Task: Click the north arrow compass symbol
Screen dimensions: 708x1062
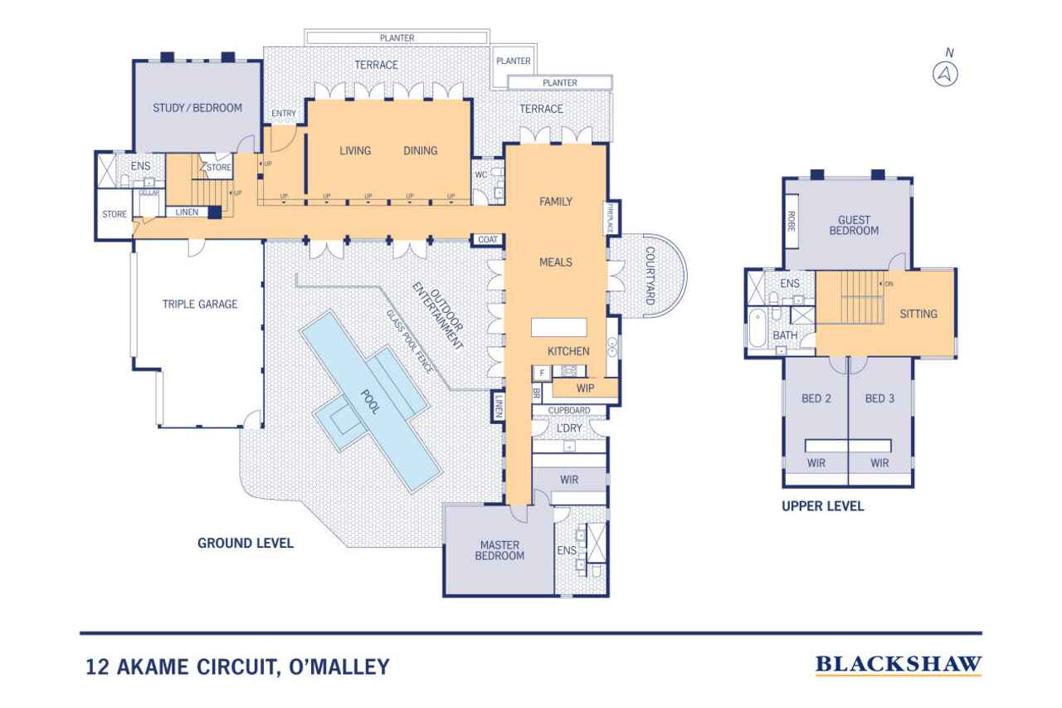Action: (946, 74)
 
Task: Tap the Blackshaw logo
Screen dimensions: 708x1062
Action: (899, 664)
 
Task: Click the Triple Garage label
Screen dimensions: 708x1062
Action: (200, 305)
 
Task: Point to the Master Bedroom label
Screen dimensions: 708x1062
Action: (499, 550)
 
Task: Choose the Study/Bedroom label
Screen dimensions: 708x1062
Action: (197, 108)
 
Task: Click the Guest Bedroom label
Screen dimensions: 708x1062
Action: (854, 225)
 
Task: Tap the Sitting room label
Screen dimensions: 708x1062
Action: (918, 314)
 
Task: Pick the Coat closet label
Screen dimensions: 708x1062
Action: (486, 240)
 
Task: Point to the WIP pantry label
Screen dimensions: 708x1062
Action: (585, 387)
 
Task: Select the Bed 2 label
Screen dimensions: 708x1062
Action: (816, 398)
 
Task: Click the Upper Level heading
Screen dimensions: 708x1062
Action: (822, 505)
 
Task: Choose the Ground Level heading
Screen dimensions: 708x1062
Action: (245, 544)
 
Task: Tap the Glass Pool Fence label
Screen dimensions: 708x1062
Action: (408, 340)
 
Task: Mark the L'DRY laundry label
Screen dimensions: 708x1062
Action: (569, 427)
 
